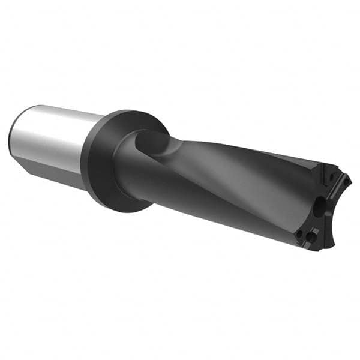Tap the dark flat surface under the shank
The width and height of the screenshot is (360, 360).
[54, 174]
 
